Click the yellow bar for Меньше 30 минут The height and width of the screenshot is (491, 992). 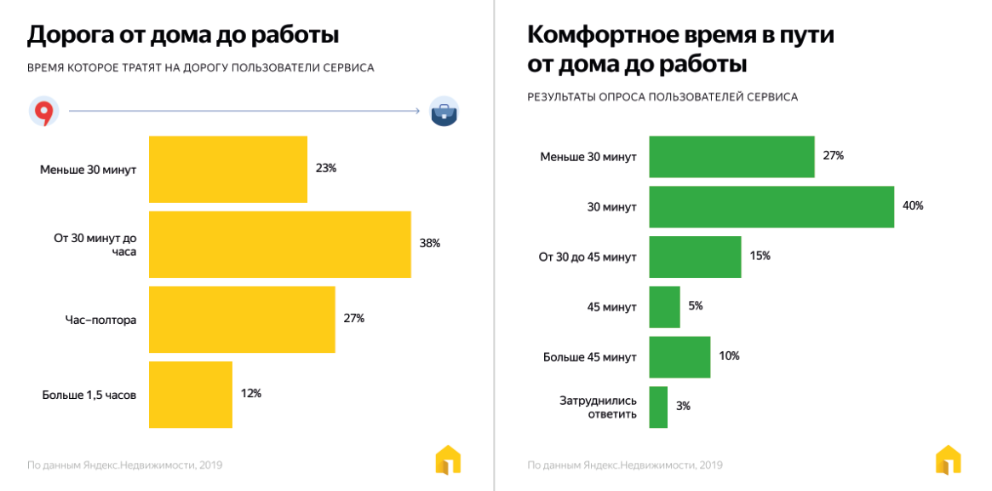tap(227, 169)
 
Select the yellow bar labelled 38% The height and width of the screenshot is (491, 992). tap(279, 244)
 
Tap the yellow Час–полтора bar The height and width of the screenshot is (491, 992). tap(242, 319)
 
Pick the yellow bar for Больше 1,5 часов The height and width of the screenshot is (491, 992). tap(190, 394)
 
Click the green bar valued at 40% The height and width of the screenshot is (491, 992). tap(771, 206)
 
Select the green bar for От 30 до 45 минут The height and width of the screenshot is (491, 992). tap(695, 257)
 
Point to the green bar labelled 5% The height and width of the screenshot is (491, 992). tap(664, 307)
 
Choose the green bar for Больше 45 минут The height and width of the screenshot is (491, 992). tap(679, 356)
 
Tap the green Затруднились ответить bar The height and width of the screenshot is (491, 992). tap(658, 407)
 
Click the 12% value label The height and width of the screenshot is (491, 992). tap(250, 394)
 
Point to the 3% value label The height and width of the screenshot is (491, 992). tap(683, 407)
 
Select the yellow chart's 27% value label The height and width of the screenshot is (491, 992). tap(353, 319)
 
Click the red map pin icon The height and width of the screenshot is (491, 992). tap(43, 112)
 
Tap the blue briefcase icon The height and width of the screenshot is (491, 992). tap(444, 112)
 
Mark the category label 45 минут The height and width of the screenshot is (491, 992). tap(611, 307)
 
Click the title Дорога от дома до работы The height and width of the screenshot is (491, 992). tap(183, 36)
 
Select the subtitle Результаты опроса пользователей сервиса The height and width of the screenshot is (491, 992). tap(662, 97)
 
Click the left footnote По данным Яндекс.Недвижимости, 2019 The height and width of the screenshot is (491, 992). tap(125, 465)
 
